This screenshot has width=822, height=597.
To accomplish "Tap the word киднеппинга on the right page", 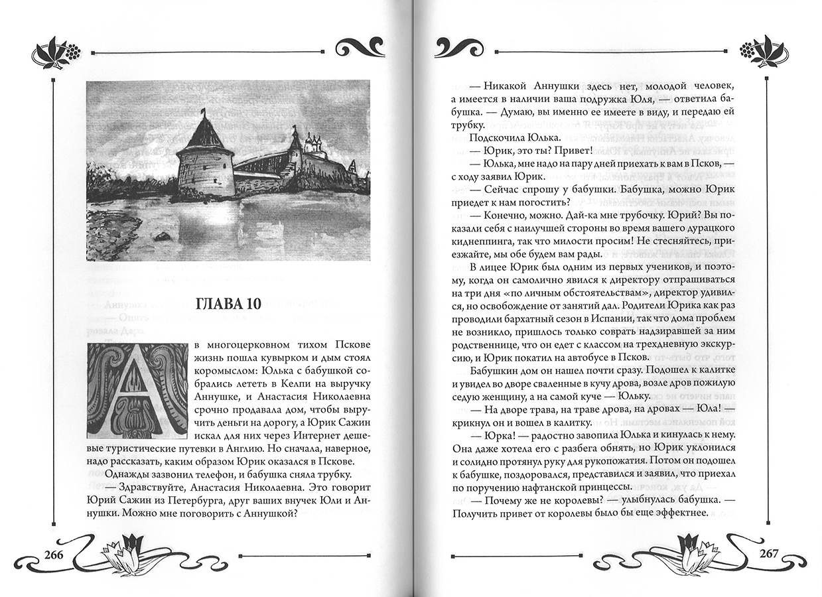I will (480, 239).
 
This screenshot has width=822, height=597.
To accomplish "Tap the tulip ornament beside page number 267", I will (697, 551).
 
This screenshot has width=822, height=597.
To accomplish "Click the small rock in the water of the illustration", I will (161, 235).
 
